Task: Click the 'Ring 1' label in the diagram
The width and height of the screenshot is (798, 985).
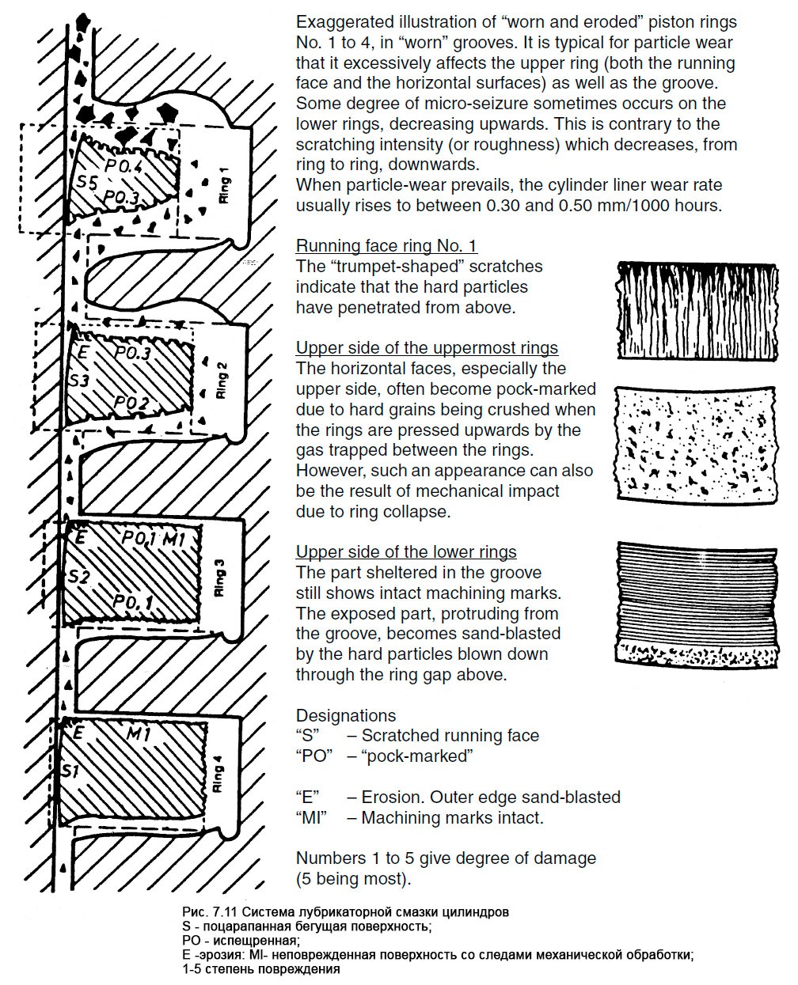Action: pyautogui.click(x=225, y=190)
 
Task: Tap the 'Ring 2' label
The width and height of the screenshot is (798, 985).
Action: pyautogui.click(x=222, y=380)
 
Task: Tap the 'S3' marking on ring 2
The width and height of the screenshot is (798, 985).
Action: pyautogui.click(x=78, y=381)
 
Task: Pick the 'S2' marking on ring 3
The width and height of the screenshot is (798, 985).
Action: pyautogui.click(x=78, y=577)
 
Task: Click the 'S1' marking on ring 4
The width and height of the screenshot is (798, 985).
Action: pyautogui.click(x=70, y=770)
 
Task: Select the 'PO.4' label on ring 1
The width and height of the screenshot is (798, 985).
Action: pyautogui.click(x=123, y=167)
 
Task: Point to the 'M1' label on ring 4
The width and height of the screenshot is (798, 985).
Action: pyautogui.click(x=139, y=735)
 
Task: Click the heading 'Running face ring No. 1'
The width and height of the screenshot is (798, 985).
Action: pyautogui.click(x=386, y=246)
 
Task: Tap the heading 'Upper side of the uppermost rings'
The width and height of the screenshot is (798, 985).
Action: pyautogui.click(x=427, y=348)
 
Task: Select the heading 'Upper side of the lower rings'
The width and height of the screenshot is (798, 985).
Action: pyautogui.click(x=406, y=552)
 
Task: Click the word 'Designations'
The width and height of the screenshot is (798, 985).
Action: pyautogui.click(x=346, y=716)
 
